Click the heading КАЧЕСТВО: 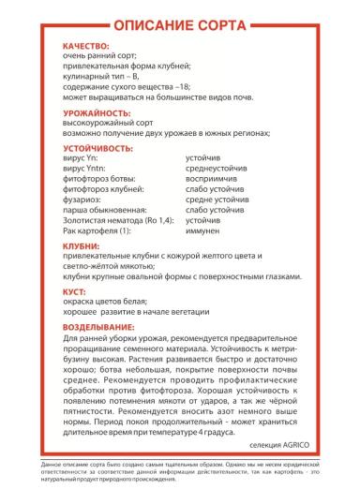coord(85,45)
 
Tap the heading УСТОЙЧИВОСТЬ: coord(100,147)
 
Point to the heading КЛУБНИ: coord(82,245)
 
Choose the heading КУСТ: coord(76,292)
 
